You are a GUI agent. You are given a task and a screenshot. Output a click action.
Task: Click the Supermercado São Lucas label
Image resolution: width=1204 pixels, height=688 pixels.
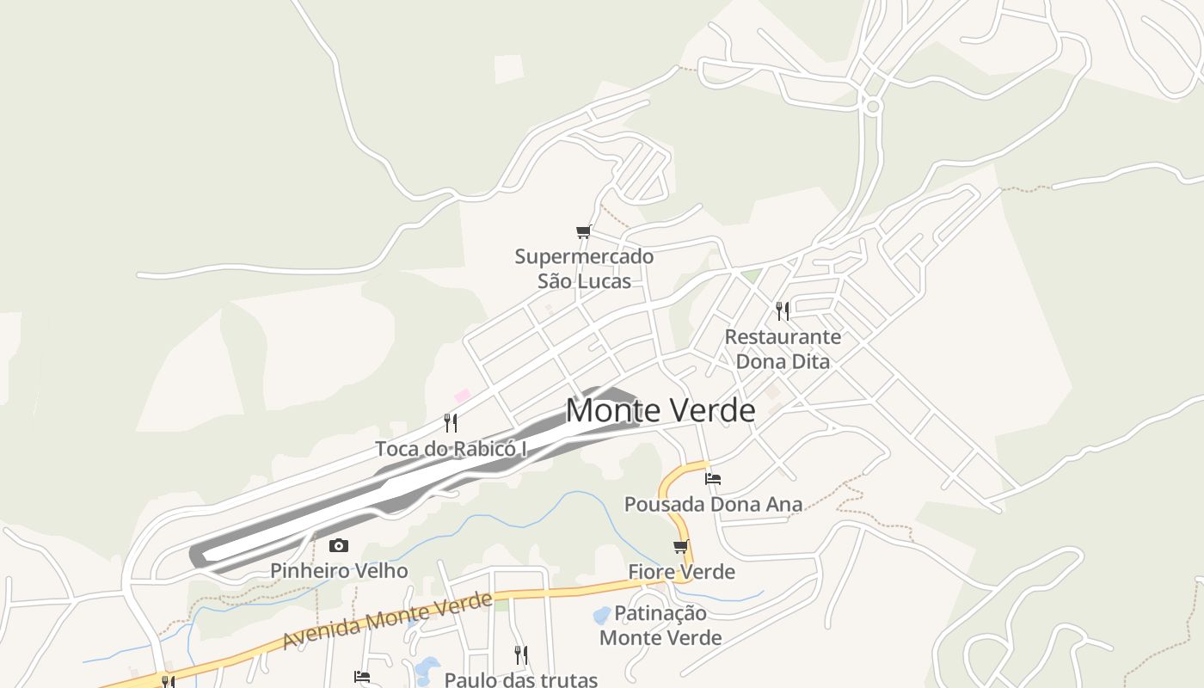pos(584,268)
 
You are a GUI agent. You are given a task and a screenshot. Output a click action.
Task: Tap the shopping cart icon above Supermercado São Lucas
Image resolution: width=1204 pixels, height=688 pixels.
pos(583,231)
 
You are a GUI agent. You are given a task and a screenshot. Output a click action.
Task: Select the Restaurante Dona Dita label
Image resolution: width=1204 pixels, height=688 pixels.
pos(783,348)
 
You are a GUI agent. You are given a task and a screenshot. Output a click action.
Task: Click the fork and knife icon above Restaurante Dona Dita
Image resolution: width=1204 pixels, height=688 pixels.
pos(783,310)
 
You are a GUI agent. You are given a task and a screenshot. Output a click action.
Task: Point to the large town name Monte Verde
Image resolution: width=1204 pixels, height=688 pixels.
pos(660,410)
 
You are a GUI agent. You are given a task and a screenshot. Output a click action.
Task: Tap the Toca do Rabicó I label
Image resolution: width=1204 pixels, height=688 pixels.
pos(451,448)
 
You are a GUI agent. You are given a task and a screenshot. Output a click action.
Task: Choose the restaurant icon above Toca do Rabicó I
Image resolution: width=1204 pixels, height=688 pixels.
pos(450,422)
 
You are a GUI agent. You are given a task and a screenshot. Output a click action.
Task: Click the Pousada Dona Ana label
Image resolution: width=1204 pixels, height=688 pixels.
pos(713,504)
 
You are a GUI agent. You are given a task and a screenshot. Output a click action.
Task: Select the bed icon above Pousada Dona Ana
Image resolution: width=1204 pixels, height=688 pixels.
pos(712,479)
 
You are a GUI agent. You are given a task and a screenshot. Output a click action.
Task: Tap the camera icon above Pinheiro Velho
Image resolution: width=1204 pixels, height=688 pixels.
pos(339,545)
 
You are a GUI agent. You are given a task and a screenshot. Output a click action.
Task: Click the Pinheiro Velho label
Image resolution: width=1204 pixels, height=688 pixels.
pos(339,570)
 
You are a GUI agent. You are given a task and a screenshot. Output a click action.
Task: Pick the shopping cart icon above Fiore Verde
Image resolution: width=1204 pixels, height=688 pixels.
pos(681,547)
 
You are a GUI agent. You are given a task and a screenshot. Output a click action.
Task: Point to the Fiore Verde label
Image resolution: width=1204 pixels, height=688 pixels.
pos(681,572)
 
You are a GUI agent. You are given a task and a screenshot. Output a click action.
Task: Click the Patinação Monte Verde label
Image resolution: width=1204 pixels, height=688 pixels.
pos(660,625)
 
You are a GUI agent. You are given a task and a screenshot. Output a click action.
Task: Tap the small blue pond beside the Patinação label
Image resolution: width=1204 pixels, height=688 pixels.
pos(602,615)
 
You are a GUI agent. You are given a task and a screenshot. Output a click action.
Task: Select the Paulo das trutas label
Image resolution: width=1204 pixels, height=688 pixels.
pos(521,679)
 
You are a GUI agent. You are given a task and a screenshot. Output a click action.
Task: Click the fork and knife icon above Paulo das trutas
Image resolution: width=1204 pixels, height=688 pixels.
pos(520,654)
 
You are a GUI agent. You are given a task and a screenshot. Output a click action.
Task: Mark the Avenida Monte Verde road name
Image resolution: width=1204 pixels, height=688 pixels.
pos(388,620)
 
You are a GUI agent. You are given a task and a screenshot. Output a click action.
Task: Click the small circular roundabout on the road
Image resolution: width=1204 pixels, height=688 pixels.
pos(873,107)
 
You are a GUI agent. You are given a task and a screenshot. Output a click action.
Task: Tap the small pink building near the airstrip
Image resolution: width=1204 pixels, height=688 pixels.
pos(463,396)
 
